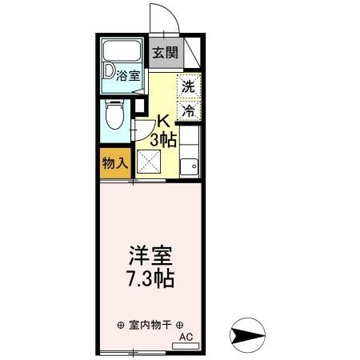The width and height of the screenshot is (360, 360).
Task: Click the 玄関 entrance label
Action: coord(166,54)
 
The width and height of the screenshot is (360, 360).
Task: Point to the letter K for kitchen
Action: coord(162,122)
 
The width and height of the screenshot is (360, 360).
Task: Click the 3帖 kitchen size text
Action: coord(163,139)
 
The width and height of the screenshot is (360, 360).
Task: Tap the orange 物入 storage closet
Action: coord(115,164)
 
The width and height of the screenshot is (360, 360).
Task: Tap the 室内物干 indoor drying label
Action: coord(150,325)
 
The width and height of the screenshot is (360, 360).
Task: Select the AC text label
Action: coord(186,337)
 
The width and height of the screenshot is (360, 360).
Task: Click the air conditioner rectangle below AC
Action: coord(185,346)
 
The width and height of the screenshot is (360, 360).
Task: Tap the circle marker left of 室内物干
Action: coord(120,325)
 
